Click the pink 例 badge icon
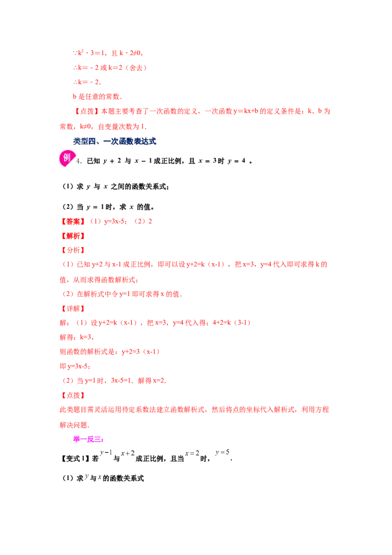tap(67, 158)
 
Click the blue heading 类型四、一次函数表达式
tap(115, 141)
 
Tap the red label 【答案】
tap(73, 222)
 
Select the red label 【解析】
tap(73, 236)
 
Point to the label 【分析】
tap(73, 250)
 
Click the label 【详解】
tap(73, 309)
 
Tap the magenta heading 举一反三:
tap(89, 439)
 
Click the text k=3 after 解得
tap(86, 337)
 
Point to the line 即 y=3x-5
tap(75, 366)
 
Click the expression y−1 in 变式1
tap(106, 453)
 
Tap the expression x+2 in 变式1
tap(128, 454)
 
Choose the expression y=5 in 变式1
tap(222, 452)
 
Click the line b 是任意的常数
tap(98, 97)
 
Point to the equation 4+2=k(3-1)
tap(232, 323)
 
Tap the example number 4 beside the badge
tap(78, 161)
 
